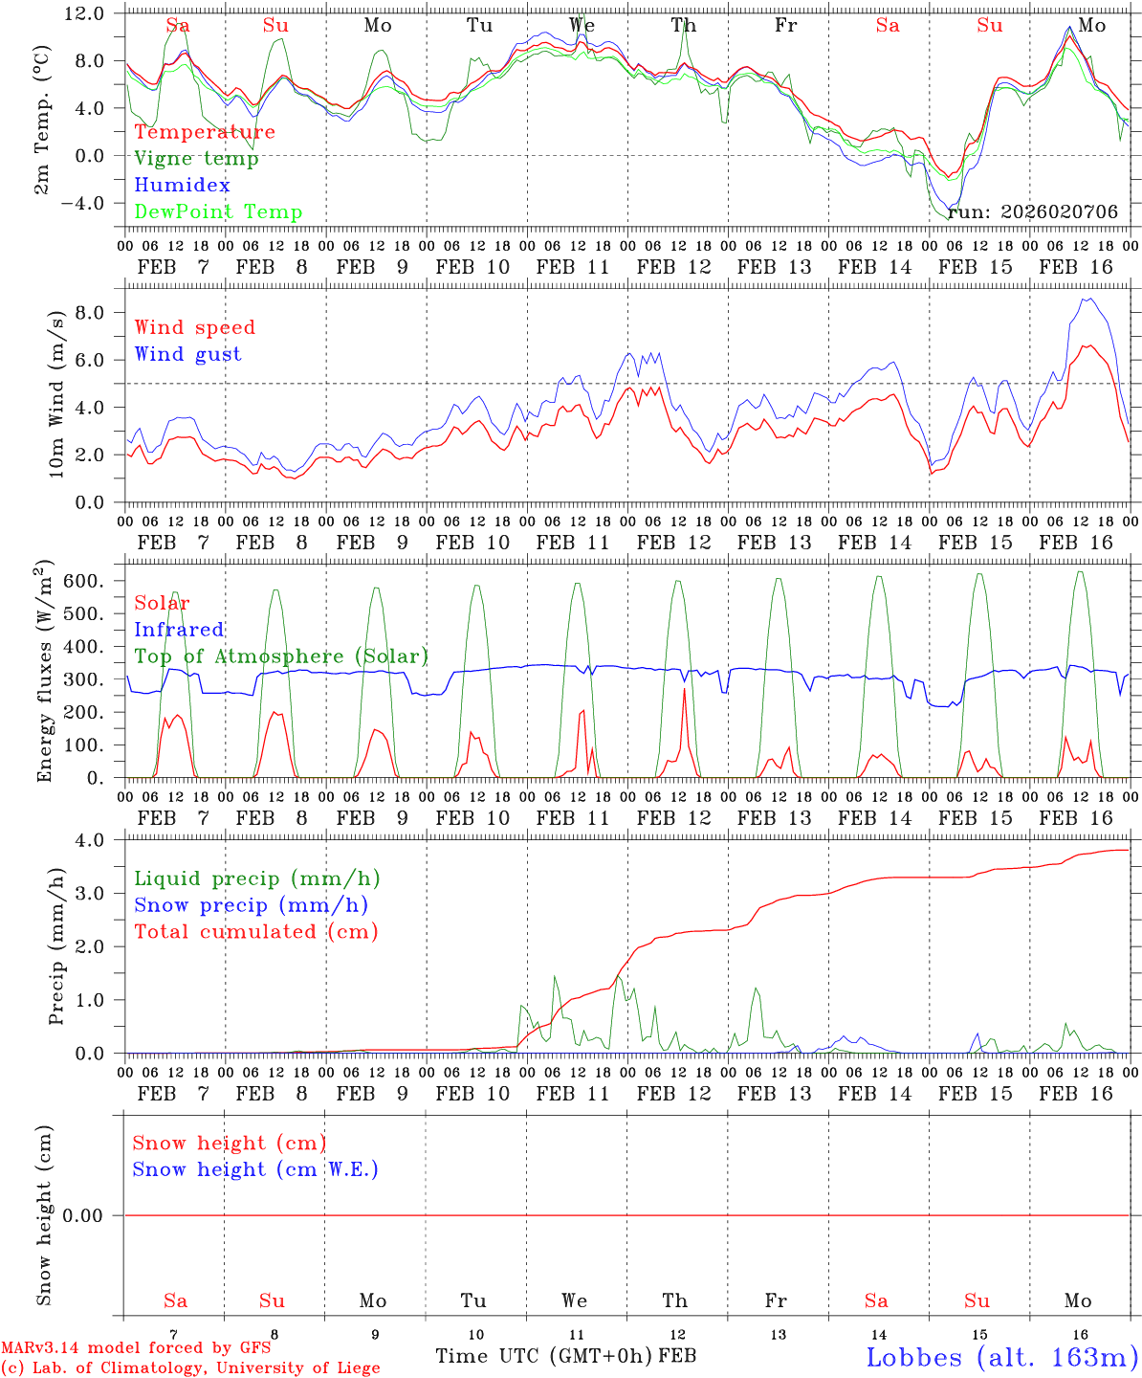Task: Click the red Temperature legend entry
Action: (x=205, y=132)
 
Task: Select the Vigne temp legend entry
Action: (x=196, y=159)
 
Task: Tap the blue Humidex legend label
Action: (x=182, y=186)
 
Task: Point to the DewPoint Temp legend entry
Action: (x=218, y=212)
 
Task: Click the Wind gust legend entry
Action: (x=187, y=354)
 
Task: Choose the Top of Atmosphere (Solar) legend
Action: (x=281, y=656)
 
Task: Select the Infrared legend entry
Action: (x=179, y=630)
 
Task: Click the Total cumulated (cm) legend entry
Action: (x=255, y=932)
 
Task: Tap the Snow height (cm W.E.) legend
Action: (x=255, y=1169)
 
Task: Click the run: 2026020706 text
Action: (x=1032, y=212)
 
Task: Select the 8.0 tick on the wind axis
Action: (x=96, y=313)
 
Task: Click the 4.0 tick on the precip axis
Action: (x=97, y=839)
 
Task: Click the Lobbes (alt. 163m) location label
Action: (x=1001, y=1356)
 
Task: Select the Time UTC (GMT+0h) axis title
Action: (x=544, y=1356)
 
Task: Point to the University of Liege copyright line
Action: (x=190, y=1368)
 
